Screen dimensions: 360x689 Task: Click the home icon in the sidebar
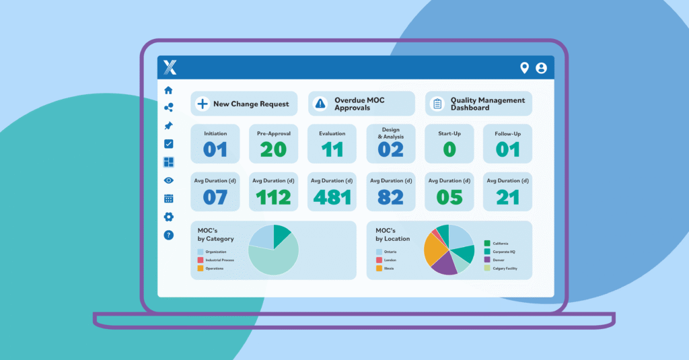click(x=168, y=89)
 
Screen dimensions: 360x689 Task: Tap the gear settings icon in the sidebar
click(x=168, y=217)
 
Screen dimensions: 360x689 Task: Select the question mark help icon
click(x=168, y=235)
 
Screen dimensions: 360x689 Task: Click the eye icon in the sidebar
click(x=168, y=180)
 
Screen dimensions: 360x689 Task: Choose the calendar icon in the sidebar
click(x=168, y=199)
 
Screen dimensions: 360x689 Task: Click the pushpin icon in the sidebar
click(x=168, y=126)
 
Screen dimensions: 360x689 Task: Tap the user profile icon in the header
click(x=541, y=68)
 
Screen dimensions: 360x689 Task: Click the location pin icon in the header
click(x=525, y=68)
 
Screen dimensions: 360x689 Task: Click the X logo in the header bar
click(x=170, y=67)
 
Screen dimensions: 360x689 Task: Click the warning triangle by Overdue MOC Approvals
click(x=320, y=104)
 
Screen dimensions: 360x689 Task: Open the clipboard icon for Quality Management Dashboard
click(x=437, y=104)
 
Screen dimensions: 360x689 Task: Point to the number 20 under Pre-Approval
click(x=273, y=149)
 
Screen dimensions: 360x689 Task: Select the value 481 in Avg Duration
click(x=332, y=197)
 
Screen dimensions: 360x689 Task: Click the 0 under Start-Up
click(x=449, y=149)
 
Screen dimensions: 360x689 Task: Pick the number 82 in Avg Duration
click(x=390, y=197)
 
